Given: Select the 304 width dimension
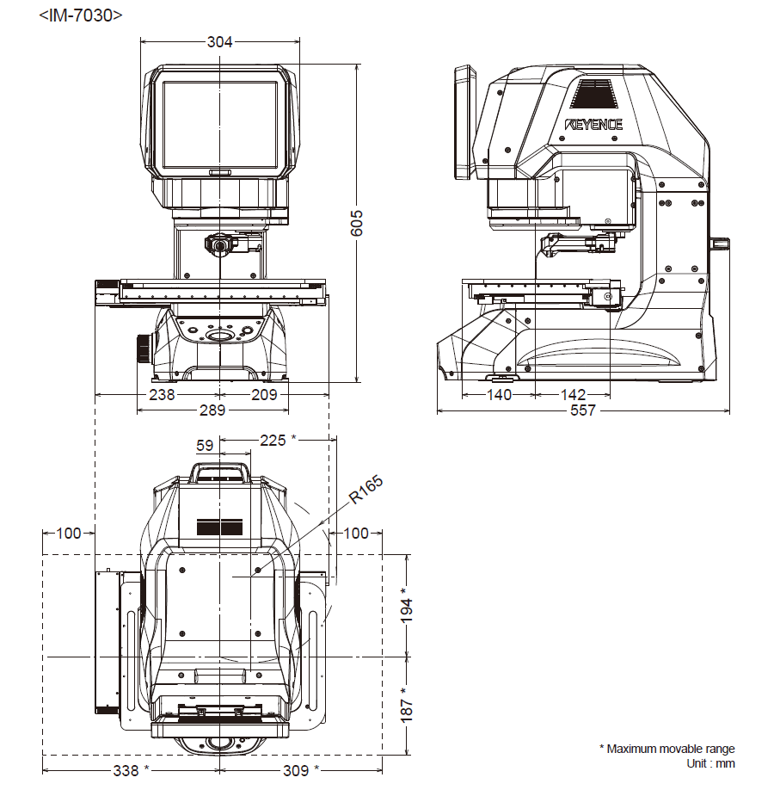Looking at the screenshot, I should click(x=220, y=40).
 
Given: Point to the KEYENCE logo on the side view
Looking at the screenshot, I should click(x=593, y=124).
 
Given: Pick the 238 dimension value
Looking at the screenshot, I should click(x=162, y=395).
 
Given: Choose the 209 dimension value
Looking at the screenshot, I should click(x=263, y=395).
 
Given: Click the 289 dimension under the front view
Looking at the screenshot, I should click(x=212, y=410).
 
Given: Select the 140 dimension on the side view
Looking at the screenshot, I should click(x=498, y=395).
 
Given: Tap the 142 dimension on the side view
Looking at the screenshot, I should click(x=573, y=395).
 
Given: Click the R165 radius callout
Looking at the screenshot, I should click(x=365, y=490).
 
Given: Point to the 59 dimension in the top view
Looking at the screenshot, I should click(x=205, y=446).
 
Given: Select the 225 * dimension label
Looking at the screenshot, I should click(x=278, y=440).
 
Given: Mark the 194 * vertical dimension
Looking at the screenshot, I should click(x=407, y=604).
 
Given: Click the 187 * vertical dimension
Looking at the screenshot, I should click(x=407, y=703).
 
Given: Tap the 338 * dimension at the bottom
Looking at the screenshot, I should click(x=131, y=770).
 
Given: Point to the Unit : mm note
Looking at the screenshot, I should click(x=710, y=763).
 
